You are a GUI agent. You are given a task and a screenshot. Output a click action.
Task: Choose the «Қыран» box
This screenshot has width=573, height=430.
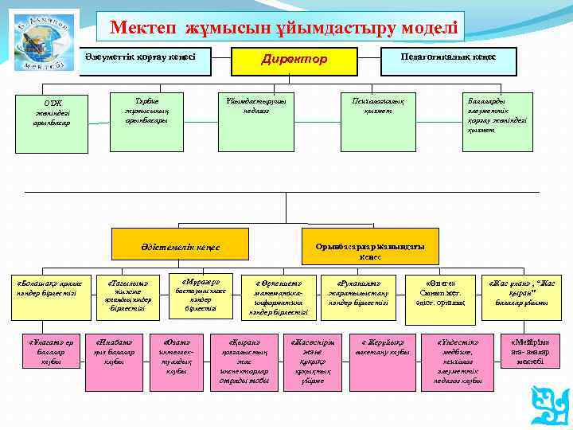point(248,358)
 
